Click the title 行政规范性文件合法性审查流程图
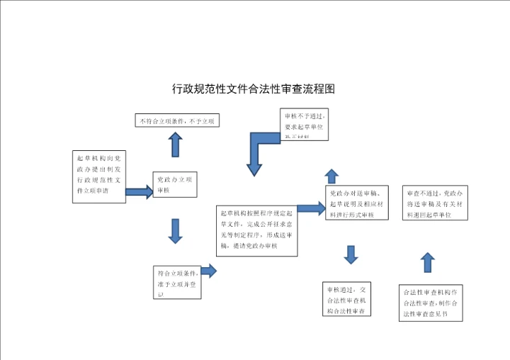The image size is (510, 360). pyautogui.click(x=253, y=89)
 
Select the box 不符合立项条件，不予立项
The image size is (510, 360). pyautogui.click(x=176, y=121)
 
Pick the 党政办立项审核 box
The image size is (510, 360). pyautogui.click(x=174, y=184)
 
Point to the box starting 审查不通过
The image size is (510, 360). pyautogui.click(x=436, y=203)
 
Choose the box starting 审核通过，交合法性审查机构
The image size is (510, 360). pyautogui.click(x=347, y=300)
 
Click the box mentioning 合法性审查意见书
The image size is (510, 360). pyautogui.click(x=431, y=303)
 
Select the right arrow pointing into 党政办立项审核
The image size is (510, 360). pyautogui.click(x=140, y=191)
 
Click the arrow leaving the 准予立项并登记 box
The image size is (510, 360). pyautogui.click(x=209, y=270)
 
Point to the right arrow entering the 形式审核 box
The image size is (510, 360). pyautogui.click(x=310, y=208)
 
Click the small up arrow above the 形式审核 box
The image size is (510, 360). pyautogui.click(x=331, y=176)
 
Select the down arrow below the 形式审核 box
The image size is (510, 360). pyautogui.click(x=350, y=254)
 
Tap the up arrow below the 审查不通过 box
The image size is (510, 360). pyautogui.click(x=427, y=262)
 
